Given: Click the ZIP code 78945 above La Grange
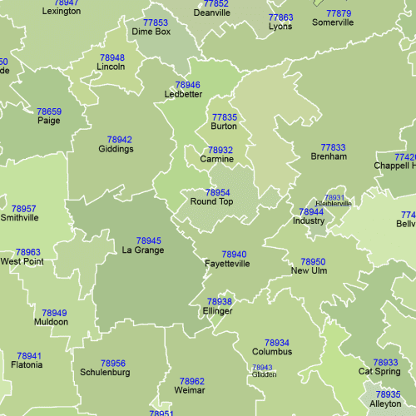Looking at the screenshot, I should (148, 240).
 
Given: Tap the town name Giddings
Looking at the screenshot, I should (116, 150).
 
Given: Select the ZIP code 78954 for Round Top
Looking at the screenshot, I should (217, 192).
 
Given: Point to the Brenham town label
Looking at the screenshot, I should (328, 156).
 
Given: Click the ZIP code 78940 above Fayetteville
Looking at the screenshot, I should (234, 255).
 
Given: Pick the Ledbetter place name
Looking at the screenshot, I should (184, 94).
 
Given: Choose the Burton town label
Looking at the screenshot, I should (224, 126).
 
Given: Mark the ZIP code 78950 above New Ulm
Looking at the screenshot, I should (313, 261).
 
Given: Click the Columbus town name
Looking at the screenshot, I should (272, 352).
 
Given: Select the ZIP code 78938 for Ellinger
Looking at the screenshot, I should (220, 301).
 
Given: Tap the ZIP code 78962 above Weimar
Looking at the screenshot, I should (191, 381).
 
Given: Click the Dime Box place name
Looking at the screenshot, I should (151, 32).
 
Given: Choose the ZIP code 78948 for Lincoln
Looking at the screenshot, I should (111, 57).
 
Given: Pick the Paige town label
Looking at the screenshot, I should (48, 121).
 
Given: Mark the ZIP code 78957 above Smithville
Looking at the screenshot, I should (23, 209).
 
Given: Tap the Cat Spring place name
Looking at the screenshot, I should (379, 372).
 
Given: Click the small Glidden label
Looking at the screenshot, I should (264, 374).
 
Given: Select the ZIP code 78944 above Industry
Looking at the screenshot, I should (310, 212).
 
